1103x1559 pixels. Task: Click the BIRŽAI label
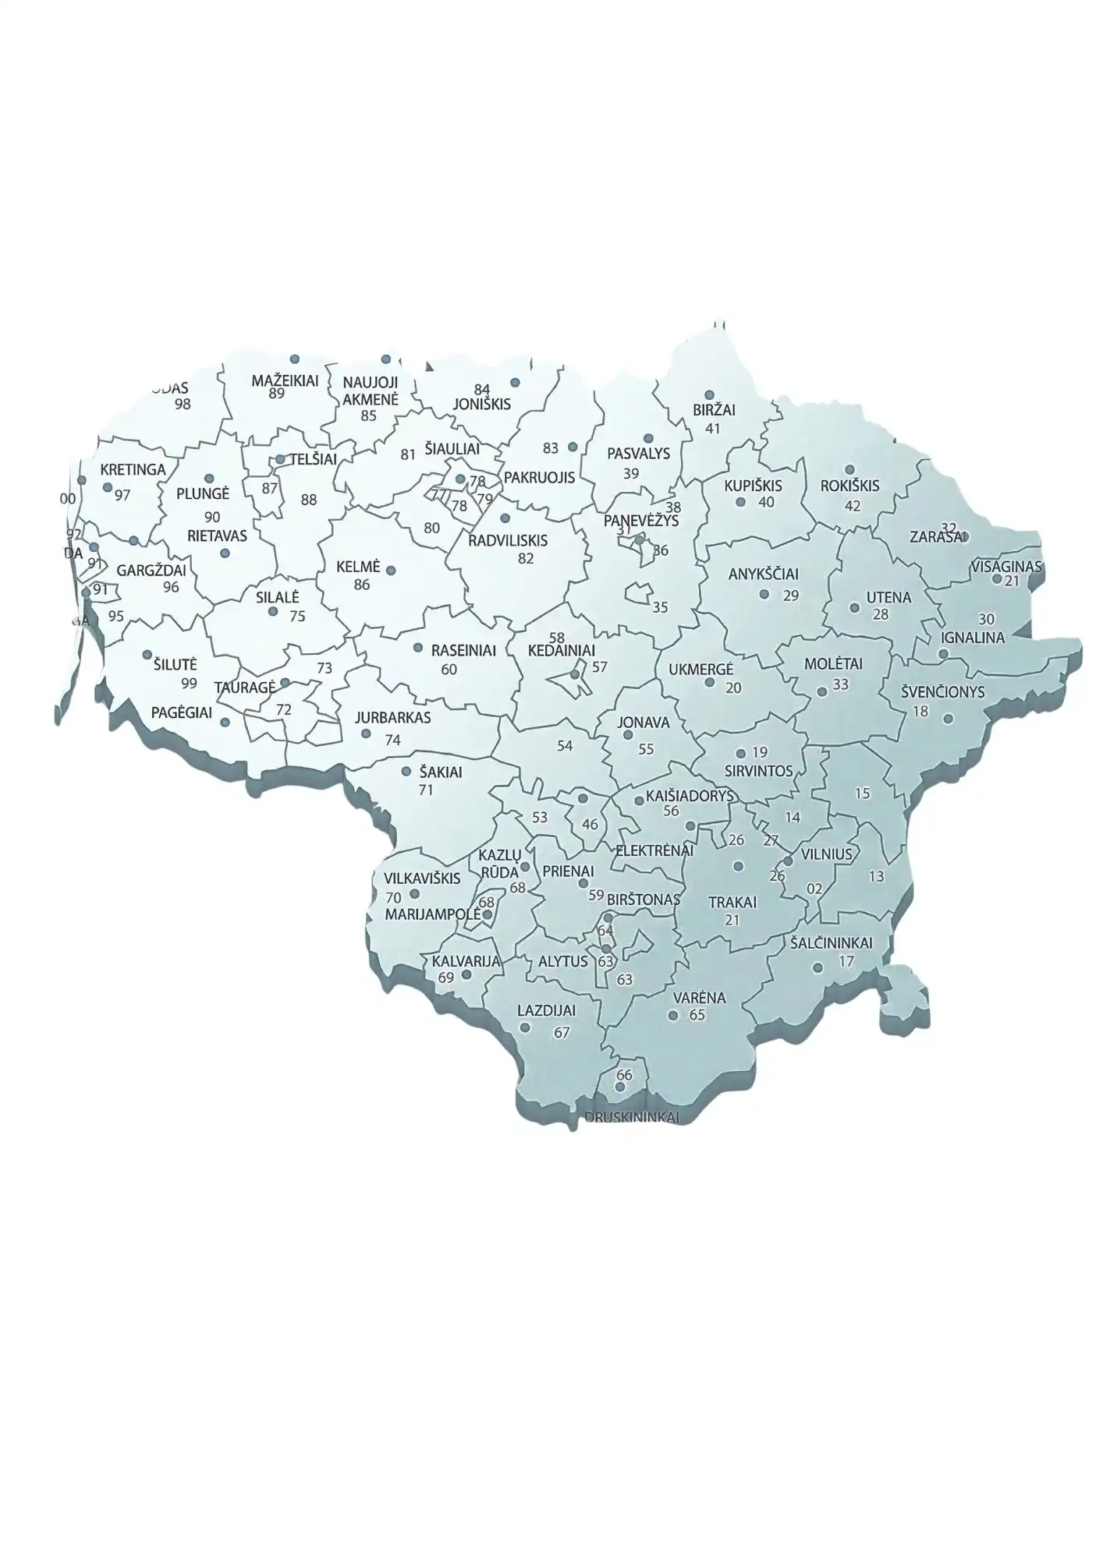pos(714,410)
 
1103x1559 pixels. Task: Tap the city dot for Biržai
pos(709,395)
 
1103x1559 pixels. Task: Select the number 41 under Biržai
pos(712,428)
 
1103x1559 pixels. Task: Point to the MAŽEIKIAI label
pos(285,380)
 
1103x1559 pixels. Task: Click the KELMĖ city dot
pos(391,571)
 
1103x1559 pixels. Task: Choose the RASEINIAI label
pos(463,651)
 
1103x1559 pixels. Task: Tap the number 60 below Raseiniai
pos(449,670)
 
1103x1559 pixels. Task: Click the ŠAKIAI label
pos(441,772)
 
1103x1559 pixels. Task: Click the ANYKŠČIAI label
pos(764,574)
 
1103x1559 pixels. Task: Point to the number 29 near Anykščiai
pos(791,596)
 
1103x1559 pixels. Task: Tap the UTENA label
pos(888,598)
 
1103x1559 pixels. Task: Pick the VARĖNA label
pos(699,998)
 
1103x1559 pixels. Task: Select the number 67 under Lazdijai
pos(562,1033)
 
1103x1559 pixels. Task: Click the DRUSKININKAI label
pos(632,1117)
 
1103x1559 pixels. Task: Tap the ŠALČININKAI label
pos(831,943)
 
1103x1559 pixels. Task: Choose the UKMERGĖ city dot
pos(709,683)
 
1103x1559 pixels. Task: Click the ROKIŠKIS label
pos(849,486)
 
